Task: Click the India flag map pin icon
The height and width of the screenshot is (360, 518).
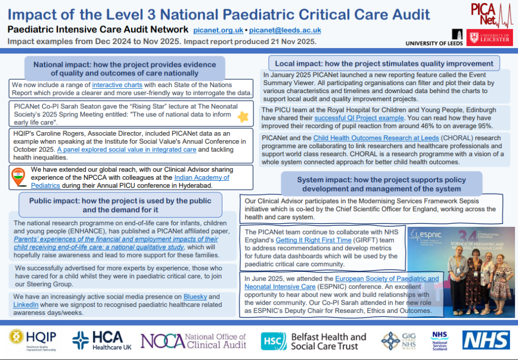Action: point(18,177)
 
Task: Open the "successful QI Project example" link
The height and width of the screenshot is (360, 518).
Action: point(357,117)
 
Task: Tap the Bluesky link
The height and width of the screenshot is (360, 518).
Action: point(194,296)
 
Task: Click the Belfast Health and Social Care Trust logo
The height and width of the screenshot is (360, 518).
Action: point(314,341)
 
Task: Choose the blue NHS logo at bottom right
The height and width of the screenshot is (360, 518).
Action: point(486,340)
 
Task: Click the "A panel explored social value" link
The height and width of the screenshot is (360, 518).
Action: point(126,149)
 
